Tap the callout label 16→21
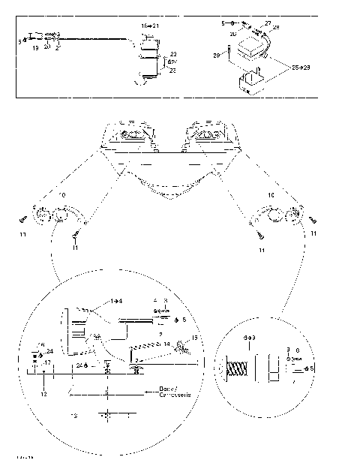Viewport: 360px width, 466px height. coord(150,26)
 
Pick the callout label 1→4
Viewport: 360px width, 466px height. coord(117,300)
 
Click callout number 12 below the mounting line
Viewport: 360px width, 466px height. coord(43,394)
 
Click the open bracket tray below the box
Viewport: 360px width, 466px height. coord(250,83)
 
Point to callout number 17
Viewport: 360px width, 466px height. coord(47,362)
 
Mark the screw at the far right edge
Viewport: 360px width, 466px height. coord(310,218)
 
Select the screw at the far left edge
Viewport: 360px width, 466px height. coord(24,218)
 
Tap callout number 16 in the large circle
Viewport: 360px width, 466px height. coord(41,344)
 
